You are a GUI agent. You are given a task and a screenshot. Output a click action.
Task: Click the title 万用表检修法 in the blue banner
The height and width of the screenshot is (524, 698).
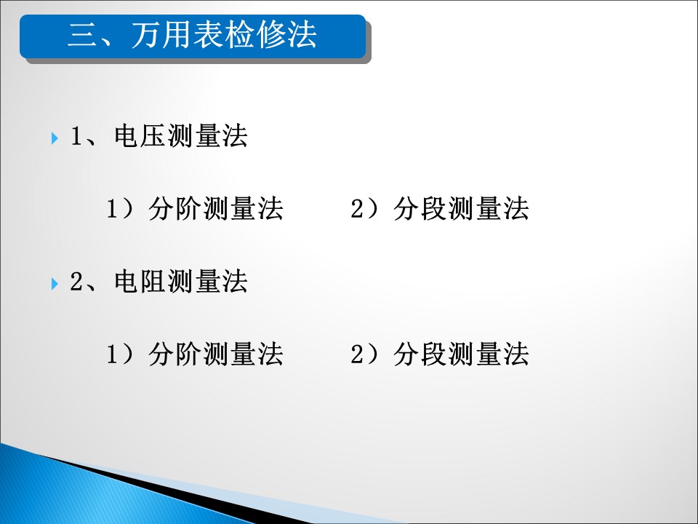tap(224, 35)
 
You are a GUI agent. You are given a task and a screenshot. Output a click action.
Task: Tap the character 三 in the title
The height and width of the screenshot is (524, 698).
tap(82, 36)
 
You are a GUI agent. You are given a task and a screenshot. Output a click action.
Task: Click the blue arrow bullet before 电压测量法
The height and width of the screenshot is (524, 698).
tap(55, 138)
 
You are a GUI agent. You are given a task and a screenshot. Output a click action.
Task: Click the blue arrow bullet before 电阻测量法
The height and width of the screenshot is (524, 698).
tap(55, 283)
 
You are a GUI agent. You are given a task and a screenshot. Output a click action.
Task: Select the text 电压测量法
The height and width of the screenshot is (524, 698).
tap(180, 136)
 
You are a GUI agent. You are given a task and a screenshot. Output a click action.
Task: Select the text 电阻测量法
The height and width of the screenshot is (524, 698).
tap(180, 281)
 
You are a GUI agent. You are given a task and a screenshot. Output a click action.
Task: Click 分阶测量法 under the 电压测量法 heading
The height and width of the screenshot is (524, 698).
tap(216, 209)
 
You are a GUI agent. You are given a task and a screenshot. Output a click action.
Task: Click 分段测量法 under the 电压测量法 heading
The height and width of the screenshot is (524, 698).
tap(461, 209)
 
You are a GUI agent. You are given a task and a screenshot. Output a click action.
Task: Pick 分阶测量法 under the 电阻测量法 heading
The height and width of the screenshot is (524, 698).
tap(216, 354)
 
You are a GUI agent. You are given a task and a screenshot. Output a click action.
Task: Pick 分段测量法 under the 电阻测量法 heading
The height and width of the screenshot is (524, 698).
tap(461, 354)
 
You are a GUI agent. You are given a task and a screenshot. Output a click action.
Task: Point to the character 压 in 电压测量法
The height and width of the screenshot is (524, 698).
tap(153, 136)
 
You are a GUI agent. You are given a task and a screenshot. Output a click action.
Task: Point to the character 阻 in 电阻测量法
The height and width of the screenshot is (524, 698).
tap(153, 281)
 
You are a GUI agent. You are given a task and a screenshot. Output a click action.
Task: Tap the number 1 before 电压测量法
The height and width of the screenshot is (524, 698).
tap(76, 136)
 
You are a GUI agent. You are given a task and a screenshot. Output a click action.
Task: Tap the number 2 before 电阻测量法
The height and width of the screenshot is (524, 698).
tap(76, 281)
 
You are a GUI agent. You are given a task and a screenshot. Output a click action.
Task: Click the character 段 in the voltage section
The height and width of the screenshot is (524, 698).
tap(434, 209)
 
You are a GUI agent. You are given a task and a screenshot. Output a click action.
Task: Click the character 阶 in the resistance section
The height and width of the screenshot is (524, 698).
tap(189, 354)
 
